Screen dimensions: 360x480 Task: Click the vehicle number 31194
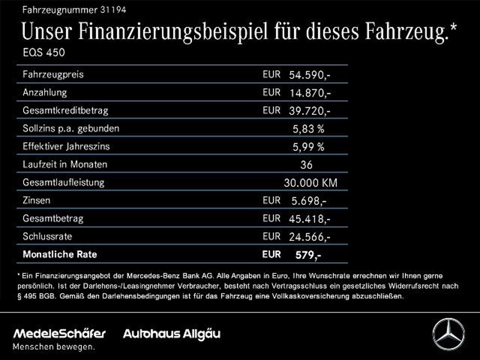113,9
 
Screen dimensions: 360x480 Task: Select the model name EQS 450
44,52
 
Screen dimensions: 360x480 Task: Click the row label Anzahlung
45,92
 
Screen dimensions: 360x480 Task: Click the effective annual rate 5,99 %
308,147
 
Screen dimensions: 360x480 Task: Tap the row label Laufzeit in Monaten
65,165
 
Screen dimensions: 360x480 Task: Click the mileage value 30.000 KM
310,183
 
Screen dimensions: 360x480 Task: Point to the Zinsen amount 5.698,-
309,201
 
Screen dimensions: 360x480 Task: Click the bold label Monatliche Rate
60,255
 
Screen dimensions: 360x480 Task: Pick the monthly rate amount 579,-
308,255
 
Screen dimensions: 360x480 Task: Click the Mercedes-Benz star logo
448,334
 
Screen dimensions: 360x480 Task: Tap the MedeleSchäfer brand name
60,334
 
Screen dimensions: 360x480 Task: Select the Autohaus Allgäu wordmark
171,334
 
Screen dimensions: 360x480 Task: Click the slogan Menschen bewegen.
53,347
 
